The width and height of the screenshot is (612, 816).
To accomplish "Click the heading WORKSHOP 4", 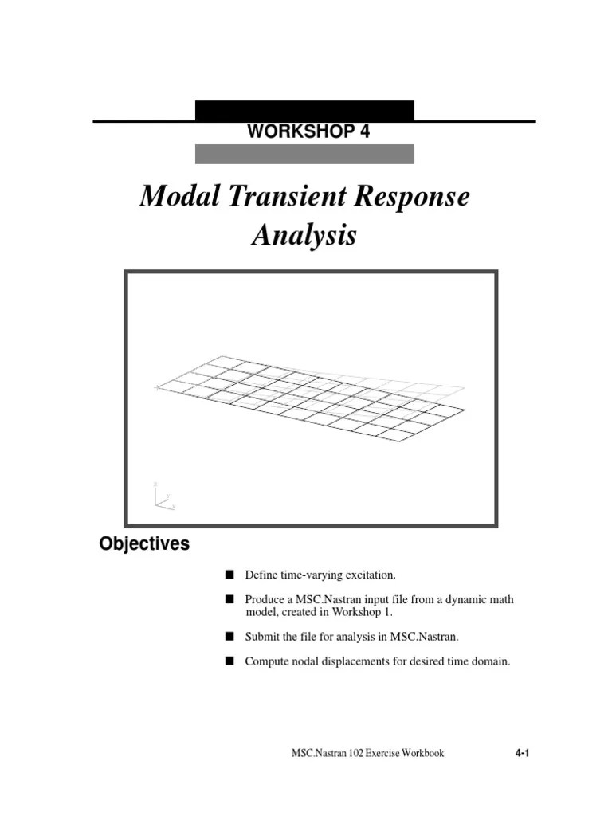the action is coord(308,132).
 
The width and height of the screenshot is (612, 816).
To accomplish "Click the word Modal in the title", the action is coord(174,197).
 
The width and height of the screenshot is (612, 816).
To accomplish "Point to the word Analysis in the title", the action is coord(304,236).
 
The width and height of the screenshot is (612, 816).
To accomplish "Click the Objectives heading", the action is coord(144,544).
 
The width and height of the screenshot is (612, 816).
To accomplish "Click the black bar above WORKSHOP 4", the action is coord(304,110).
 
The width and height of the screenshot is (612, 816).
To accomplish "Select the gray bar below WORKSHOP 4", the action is coord(304,154).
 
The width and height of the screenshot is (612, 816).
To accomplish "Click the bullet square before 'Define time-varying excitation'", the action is coord(229,574).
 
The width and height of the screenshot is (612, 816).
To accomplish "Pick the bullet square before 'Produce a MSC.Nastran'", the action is coord(229,599).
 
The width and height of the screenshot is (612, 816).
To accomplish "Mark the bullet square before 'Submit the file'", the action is coord(229,636).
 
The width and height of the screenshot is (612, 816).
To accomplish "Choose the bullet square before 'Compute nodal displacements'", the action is coord(229,661).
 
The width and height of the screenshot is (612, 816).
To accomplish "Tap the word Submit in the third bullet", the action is coord(263,636).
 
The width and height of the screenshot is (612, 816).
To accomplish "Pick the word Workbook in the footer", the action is coord(422,753).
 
